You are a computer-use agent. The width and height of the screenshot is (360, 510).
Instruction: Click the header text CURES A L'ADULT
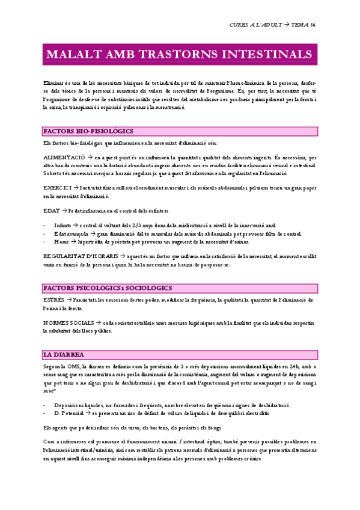(x=255, y=25)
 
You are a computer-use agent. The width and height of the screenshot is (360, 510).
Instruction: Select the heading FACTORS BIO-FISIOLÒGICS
(x=88, y=131)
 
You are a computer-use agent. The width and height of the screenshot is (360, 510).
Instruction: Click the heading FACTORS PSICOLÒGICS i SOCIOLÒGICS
(x=108, y=288)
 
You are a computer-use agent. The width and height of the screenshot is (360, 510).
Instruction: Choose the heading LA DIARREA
(x=64, y=354)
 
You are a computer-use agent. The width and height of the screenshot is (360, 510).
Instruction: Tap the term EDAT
(x=51, y=210)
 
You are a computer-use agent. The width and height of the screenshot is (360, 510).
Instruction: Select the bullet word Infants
(x=63, y=225)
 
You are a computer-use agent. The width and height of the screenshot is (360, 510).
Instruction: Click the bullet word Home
(x=61, y=241)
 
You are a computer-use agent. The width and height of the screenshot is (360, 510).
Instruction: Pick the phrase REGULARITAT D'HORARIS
(x=76, y=256)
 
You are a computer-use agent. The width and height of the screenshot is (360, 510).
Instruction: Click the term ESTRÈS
(x=53, y=300)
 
